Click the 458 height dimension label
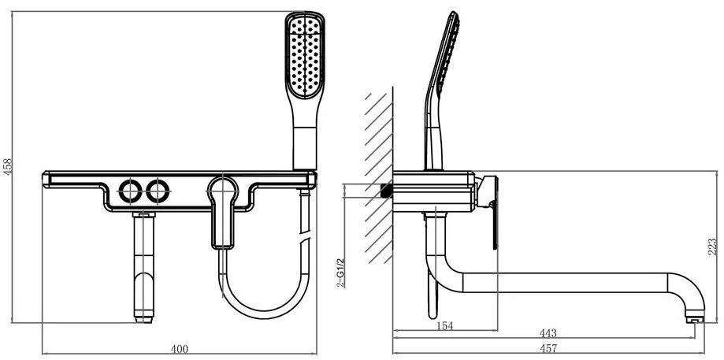8,167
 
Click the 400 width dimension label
180,350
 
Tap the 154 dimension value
444,326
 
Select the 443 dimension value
548,333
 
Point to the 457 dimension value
548,348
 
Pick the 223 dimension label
713,247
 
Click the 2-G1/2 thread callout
340,272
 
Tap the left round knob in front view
130,191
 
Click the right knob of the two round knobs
158,191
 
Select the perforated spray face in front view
305,58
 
